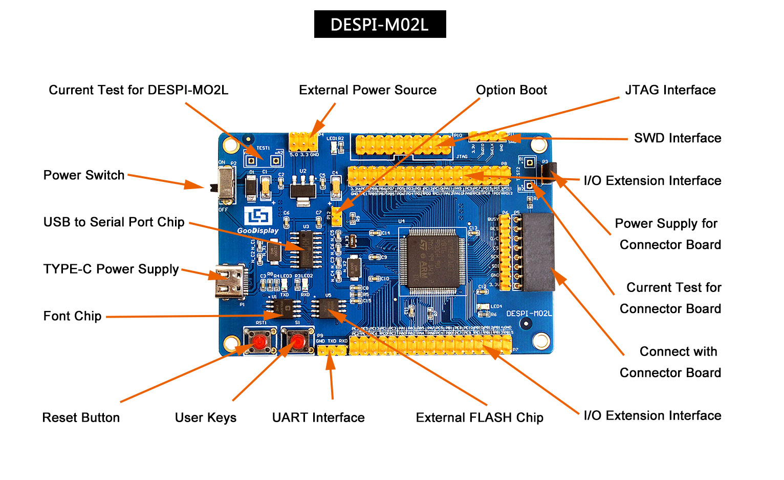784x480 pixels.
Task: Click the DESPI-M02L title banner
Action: point(380,24)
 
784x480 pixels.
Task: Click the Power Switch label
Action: point(83,175)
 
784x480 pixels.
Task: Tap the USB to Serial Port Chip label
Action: point(114,222)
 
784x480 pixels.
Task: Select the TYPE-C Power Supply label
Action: point(111,269)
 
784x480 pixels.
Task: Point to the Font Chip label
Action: point(72,316)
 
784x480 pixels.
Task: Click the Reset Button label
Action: point(81,418)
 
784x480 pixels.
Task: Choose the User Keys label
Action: point(205,418)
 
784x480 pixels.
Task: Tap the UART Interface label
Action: point(318,418)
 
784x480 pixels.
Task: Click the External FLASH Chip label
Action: point(479,418)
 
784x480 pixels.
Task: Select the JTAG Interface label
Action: point(670,90)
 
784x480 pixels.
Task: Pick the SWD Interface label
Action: point(677,138)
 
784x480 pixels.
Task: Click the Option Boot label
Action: point(511,90)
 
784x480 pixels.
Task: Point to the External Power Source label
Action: point(367,90)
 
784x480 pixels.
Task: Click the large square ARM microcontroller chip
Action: point(432,261)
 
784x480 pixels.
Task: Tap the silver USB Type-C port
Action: point(230,282)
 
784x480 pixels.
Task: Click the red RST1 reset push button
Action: point(260,341)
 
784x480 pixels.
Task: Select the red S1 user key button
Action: point(297,341)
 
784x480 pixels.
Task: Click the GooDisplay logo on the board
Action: point(257,221)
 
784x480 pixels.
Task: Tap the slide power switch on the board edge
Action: point(225,183)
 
